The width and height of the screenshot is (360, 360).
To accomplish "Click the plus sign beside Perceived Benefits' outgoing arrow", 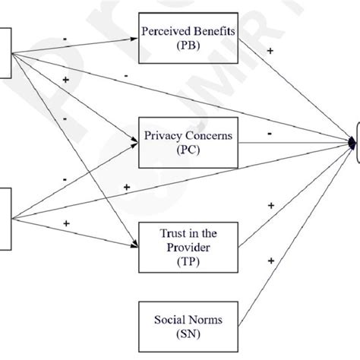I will tap(270, 51).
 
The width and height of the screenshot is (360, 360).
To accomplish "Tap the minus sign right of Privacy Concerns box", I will tap(270, 134).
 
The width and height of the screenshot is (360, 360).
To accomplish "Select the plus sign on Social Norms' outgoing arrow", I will tap(270, 261).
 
